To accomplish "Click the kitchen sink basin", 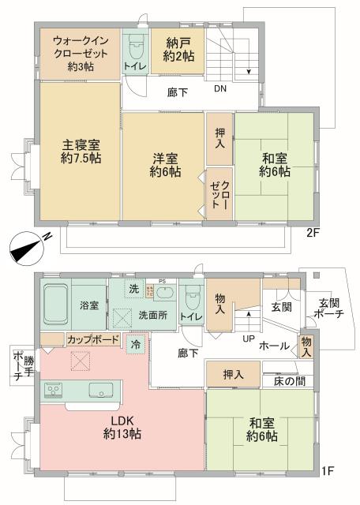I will click(101, 389).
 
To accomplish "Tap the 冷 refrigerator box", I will click(136, 344).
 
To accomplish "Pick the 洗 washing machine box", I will click(133, 289).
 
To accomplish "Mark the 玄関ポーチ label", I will click(331, 307).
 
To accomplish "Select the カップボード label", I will click(93, 339).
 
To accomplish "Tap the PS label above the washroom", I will click(161, 281).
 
